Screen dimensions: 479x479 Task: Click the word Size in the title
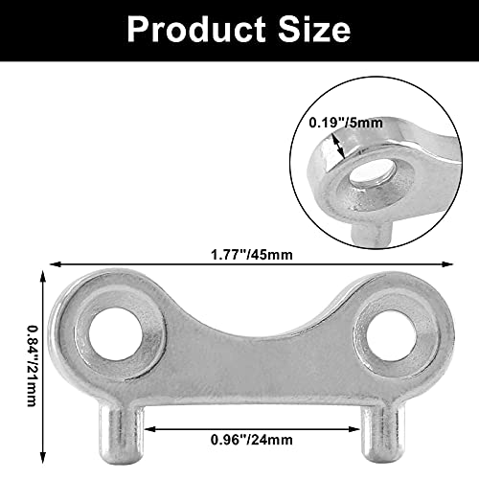coord(308,29)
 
